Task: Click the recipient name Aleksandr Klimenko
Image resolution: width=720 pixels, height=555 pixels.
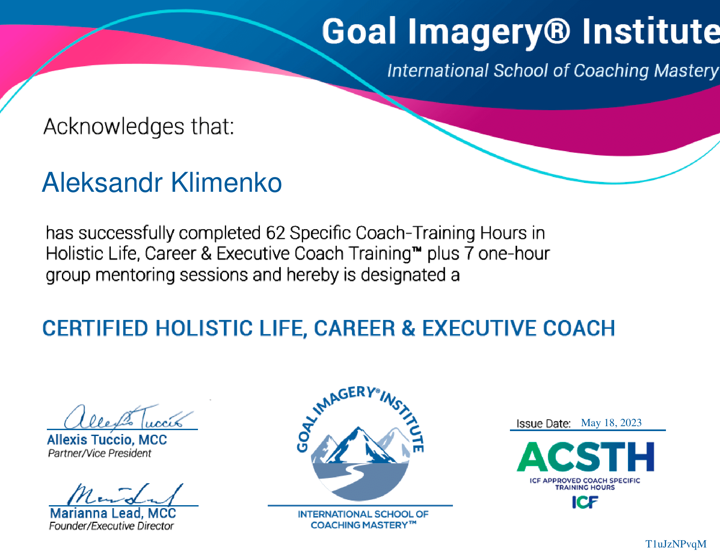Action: [162, 182]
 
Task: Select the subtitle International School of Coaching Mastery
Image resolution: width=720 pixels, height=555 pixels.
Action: [553, 70]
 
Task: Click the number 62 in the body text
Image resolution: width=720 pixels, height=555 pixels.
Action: [276, 233]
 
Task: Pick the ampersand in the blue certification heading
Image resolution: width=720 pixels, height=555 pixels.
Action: [408, 328]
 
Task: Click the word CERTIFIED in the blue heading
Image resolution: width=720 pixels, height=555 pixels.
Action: [95, 328]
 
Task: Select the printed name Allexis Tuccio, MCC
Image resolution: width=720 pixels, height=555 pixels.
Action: [107, 440]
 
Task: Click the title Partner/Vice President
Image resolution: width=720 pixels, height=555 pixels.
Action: [100, 453]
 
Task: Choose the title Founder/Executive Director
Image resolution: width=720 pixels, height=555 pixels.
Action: [111, 525]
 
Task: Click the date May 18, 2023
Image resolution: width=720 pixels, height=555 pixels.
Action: [611, 423]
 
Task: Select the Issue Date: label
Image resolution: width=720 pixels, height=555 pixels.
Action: [543, 424]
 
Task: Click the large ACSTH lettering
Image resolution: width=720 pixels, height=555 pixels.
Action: [586, 457]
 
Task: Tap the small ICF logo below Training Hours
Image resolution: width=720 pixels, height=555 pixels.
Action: [585, 502]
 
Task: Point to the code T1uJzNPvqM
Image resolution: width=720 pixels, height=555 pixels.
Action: [676, 544]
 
